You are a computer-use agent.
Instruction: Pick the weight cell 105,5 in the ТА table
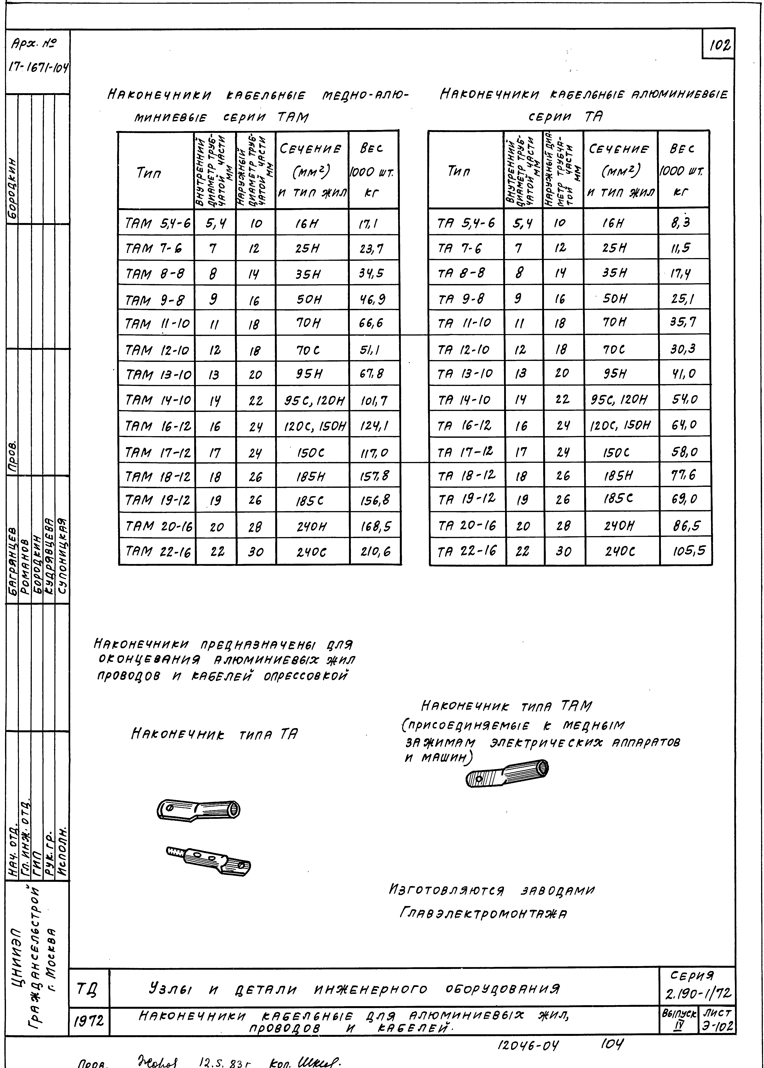coord(688,550)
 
